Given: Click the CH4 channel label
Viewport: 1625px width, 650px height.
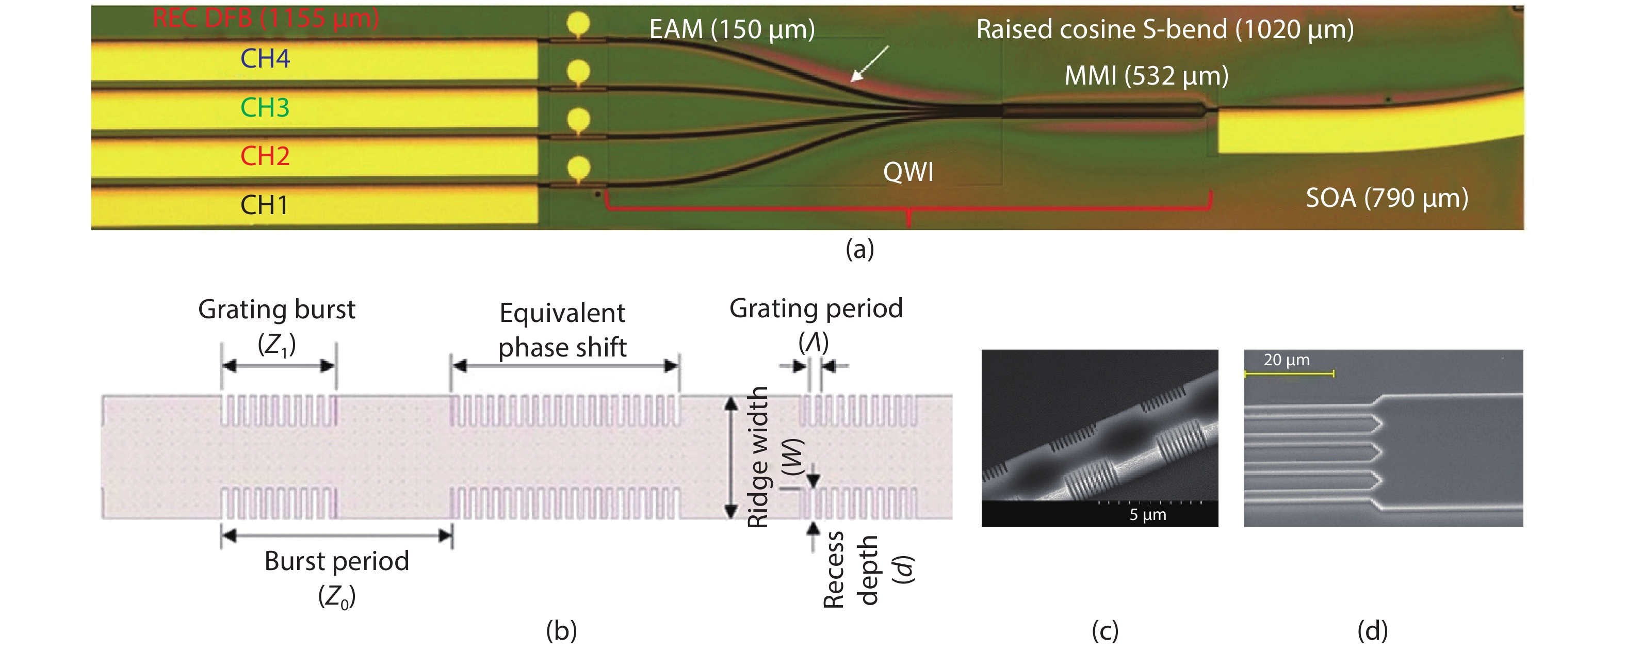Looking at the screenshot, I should [x=265, y=59].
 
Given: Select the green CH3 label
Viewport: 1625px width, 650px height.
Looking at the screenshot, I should [x=265, y=107].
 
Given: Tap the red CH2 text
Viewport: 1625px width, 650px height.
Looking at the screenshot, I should [x=265, y=156].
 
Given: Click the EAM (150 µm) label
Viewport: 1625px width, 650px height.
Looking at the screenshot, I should [x=732, y=29].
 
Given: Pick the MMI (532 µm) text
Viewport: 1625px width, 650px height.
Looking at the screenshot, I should [x=1146, y=76].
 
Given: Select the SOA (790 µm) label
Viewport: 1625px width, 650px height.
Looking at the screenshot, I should [x=1387, y=198].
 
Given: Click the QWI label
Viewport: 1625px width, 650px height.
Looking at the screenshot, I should [x=908, y=172].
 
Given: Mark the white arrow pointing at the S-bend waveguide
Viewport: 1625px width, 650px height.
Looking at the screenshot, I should [x=869, y=64].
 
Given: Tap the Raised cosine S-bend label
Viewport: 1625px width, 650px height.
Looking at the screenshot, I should [x=1164, y=29].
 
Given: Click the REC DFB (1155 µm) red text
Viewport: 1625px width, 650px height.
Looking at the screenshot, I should [x=266, y=18].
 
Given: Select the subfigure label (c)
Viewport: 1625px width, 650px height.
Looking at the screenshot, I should [x=1104, y=630].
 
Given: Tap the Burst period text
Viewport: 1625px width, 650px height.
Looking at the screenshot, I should [x=336, y=561].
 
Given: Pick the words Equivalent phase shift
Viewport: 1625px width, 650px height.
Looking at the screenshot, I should [x=562, y=330].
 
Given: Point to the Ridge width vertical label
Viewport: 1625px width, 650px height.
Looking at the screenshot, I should [x=758, y=457].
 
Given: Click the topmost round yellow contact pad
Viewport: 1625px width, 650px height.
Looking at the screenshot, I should [x=578, y=24].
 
